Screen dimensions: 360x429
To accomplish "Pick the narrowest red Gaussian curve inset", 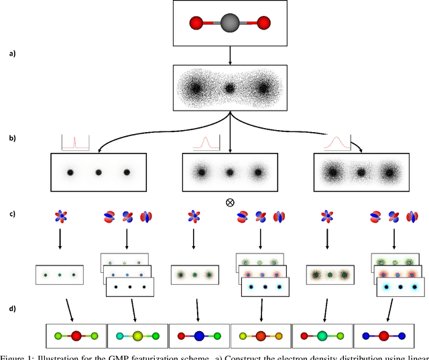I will pyautogui.click(x=75, y=142).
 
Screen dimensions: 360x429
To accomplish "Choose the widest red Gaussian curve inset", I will pyautogui.click(x=337, y=142).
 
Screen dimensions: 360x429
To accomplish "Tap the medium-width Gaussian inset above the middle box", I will pyautogui.click(x=206, y=142).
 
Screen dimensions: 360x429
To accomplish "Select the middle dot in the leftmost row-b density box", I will pyautogui.click(x=98, y=172).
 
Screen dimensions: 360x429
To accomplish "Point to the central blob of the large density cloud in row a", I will pyautogui.click(x=230, y=88).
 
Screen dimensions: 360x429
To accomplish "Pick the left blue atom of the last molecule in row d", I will pyautogui.click(x=364, y=335).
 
